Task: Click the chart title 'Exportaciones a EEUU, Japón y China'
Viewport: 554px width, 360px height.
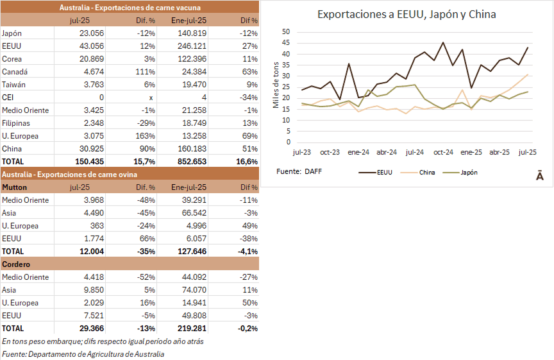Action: (x=407, y=14)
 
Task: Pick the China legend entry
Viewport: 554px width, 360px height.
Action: (x=427, y=172)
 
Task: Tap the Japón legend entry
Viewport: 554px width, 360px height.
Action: (x=469, y=172)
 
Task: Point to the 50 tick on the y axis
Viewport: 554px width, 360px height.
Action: (x=286, y=32)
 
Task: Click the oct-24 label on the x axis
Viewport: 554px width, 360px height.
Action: (x=443, y=152)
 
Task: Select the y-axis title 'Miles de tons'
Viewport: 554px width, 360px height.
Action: (x=276, y=87)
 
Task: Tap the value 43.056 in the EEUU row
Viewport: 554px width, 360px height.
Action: (x=90, y=46)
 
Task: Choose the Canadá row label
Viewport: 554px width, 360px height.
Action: (x=15, y=71)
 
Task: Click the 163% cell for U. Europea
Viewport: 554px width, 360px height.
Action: (x=147, y=135)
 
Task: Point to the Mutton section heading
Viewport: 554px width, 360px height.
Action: (x=14, y=187)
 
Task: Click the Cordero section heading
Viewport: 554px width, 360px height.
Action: (x=16, y=264)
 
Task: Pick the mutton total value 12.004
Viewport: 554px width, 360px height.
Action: (x=90, y=251)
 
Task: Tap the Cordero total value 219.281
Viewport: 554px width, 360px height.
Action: (x=190, y=328)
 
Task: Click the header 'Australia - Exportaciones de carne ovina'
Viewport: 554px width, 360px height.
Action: (x=70, y=174)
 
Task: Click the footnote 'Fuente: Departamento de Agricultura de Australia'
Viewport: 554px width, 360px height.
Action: (x=83, y=354)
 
